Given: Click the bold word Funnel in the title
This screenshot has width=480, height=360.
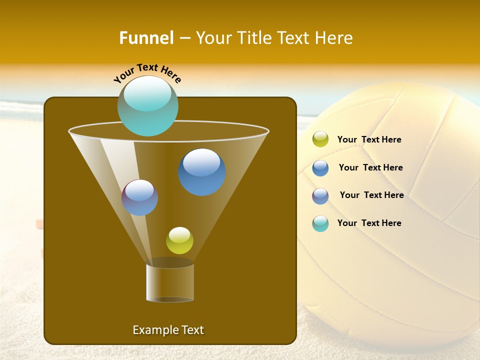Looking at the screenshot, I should pyautogui.click(x=146, y=38).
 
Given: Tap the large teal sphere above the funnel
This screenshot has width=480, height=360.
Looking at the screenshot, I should pyautogui.click(x=148, y=106).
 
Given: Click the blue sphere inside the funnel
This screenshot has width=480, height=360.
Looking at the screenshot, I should pyautogui.click(x=202, y=172).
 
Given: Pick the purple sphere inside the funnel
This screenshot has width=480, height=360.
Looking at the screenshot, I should pyautogui.click(x=140, y=197).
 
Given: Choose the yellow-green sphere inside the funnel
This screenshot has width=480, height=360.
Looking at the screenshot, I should pyautogui.click(x=179, y=240).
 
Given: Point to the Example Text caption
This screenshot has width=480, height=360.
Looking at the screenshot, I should pyautogui.click(x=168, y=330).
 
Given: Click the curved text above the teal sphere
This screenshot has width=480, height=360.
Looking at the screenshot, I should pyautogui.click(x=147, y=72).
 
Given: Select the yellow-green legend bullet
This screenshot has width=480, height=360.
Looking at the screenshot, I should pyautogui.click(x=320, y=139).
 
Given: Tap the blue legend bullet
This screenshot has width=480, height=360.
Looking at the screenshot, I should pyautogui.click(x=320, y=168).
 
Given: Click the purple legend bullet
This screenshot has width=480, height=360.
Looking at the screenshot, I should pyautogui.click(x=320, y=196).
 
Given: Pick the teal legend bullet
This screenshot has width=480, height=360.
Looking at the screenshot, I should pyautogui.click(x=320, y=223).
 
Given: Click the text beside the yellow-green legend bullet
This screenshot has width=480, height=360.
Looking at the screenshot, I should pyautogui.click(x=369, y=140).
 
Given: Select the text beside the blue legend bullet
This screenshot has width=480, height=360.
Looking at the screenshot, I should pyautogui.click(x=370, y=168).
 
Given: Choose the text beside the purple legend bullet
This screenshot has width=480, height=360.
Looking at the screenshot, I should pyautogui.click(x=371, y=195).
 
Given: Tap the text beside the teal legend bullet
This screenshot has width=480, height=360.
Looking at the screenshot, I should pyautogui.click(x=369, y=223).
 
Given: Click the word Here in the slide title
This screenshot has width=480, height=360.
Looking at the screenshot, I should pyautogui.click(x=335, y=38).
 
